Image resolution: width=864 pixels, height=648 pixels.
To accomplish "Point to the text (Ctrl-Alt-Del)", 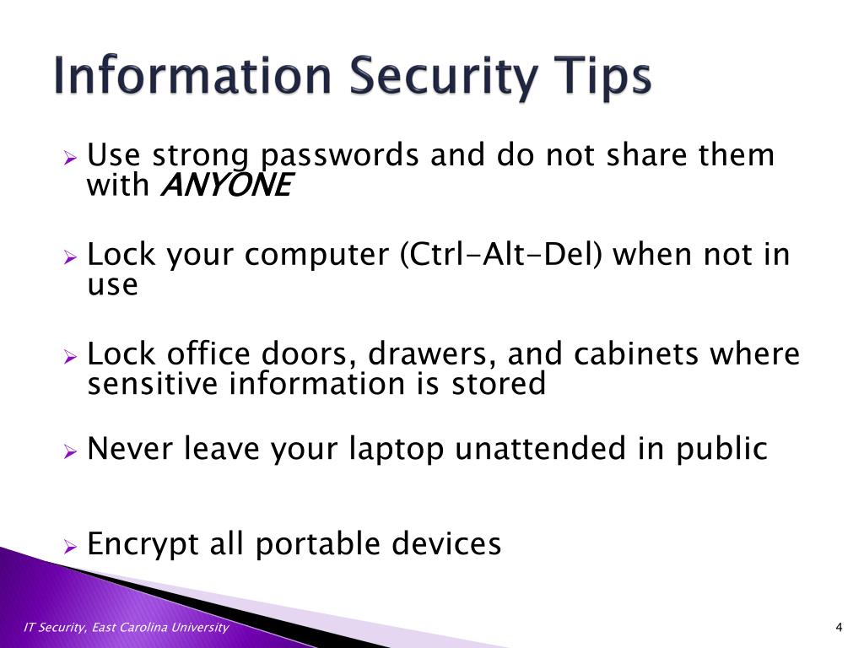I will [501, 255].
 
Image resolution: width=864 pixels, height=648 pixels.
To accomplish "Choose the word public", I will [721, 449].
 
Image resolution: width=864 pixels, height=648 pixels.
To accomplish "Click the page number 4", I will [839, 627].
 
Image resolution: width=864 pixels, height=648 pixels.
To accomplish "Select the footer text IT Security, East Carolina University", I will [127, 627].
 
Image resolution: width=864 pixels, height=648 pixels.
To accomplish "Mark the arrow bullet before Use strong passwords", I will [71, 158].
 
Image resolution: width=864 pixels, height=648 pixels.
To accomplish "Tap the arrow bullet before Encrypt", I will [71, 547].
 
